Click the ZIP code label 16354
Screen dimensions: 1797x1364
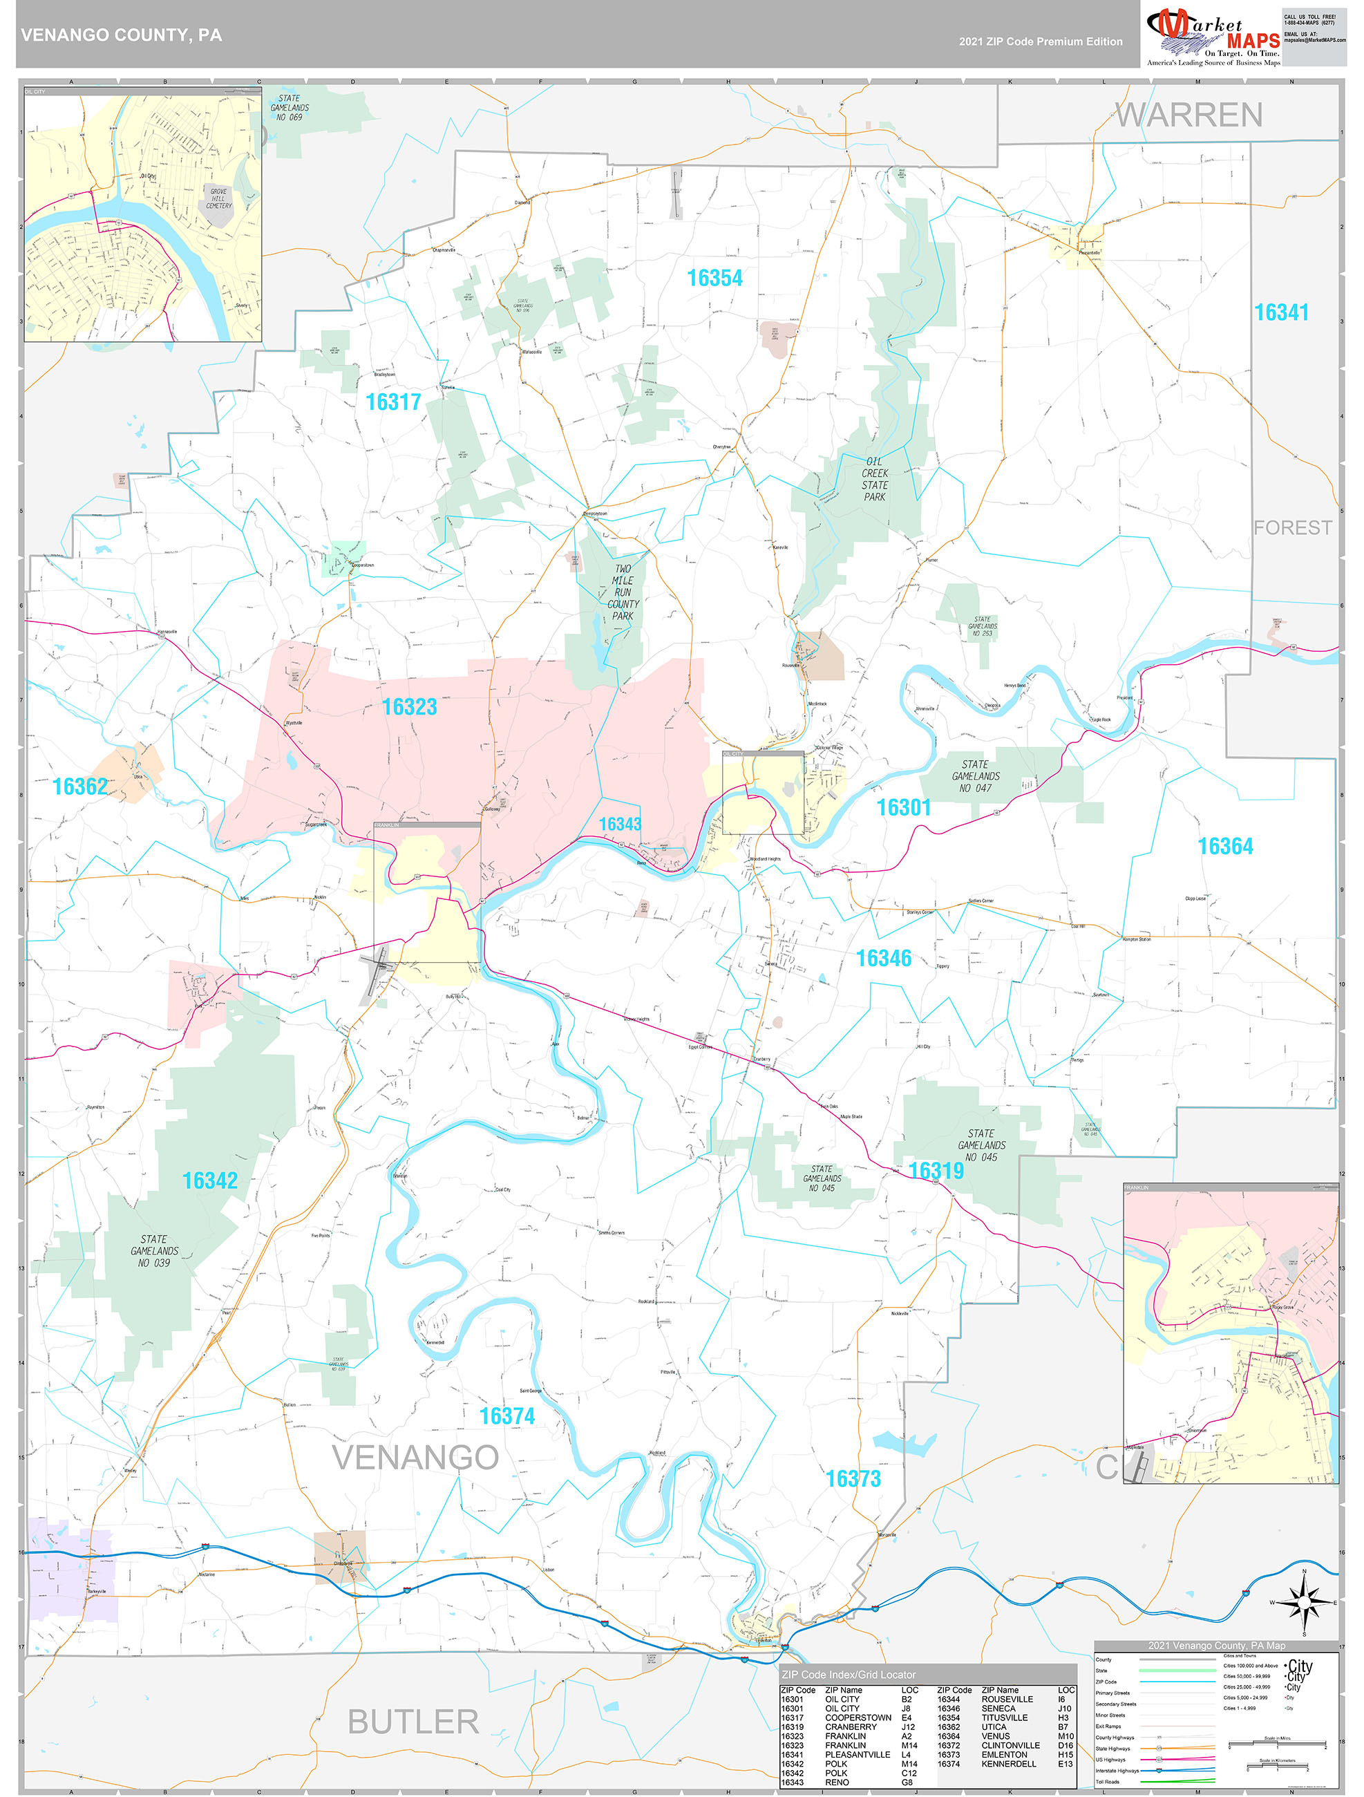[715, 279]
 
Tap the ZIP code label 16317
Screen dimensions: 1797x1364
[393, 402]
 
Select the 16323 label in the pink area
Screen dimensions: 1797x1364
[410, 707]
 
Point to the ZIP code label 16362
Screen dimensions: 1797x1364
[79, 787]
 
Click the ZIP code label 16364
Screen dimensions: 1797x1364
[1225, 847]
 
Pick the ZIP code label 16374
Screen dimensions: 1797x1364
[507, 1416]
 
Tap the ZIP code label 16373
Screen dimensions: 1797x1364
[853, 1478]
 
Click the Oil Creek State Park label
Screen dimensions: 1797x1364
[875, 479]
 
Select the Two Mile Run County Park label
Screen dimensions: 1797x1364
[623, 592]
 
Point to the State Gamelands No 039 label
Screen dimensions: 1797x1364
[154, 1251]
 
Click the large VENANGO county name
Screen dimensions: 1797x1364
[415, 1458]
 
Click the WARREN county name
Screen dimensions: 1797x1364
[1188, 115]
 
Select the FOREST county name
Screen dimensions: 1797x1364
[1291, 528]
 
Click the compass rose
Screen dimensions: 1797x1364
[1304, 1603]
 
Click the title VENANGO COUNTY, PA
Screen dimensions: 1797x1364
[121, 35]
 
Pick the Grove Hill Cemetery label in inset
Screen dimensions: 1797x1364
[218, 198]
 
